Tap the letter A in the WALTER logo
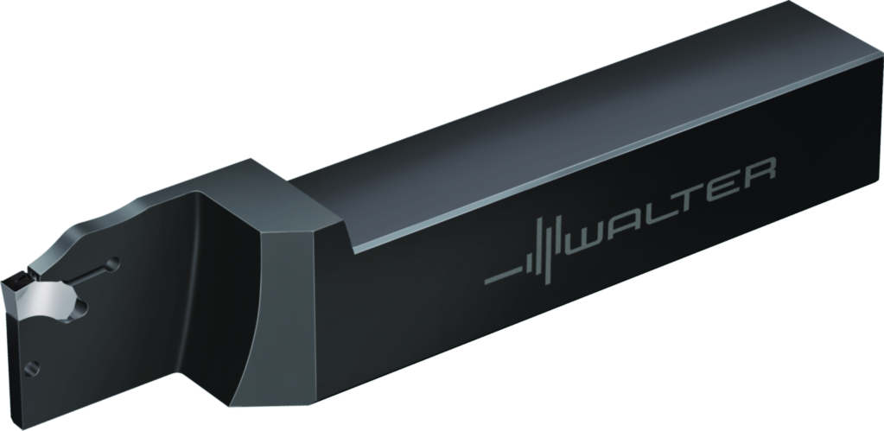point(633,214)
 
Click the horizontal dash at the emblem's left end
point(500,278)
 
